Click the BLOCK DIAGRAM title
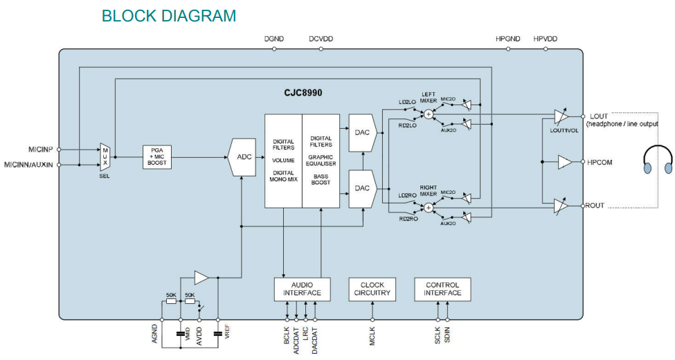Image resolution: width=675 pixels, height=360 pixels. (168, 15)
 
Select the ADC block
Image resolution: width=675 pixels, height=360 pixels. (244, 156)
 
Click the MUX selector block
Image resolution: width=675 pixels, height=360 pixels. (106, 157)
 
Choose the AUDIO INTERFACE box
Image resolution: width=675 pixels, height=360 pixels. (302, 289)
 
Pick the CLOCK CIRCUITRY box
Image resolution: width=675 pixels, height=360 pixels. (372, 289)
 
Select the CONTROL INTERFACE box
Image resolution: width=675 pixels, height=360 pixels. (443, 289)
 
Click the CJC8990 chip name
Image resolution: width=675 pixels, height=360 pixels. (303, 92)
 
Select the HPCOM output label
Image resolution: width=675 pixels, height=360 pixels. (600, 162)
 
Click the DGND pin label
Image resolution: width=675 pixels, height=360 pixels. (274, 39)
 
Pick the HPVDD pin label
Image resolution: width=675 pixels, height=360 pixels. (546, 39)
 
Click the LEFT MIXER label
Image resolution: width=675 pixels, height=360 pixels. (428, 98)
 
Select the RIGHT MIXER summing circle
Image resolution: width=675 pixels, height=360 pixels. (429, 206)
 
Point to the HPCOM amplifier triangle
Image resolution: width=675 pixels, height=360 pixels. (566, 162)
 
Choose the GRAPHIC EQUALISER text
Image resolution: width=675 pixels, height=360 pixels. (321, 161)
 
